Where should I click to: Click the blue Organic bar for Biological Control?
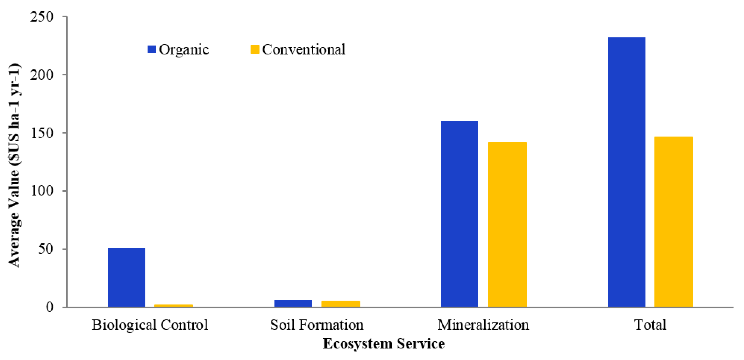click(x=126, y=277)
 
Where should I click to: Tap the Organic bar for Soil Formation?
click(x=293, y=303)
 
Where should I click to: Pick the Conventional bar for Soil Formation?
click(x=341, y=304)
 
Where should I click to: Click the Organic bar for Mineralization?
click(x=459, y=214)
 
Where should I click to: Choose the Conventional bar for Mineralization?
click(x=507, y=224)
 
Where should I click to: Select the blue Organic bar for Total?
click(x=626, y=172)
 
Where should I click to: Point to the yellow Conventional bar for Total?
click(x=674, y=221)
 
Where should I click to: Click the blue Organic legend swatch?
click(x=152, y=49)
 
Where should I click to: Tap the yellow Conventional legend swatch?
click(x=255, y=49)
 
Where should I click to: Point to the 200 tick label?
click(x=42, y=75)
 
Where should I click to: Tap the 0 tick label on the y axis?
click(x=49, y=307)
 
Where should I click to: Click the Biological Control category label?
click(x=150, y=325)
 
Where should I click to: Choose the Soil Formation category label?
click(x=317, y=325)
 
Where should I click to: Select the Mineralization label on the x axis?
click(x=483, y=325)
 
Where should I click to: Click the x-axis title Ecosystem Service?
click(x=384, y=344)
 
